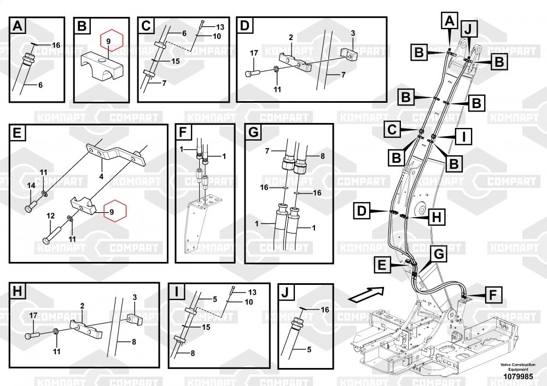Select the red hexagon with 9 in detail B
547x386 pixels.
click(x=109, y=41)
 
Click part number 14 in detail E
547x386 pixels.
click(x=31, y=186)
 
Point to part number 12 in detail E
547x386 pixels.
click(x=50, y=215)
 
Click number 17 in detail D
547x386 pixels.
click(x=254, y=53)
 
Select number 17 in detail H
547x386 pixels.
click(x=33, y=315)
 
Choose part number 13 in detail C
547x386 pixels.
click(x=220, y=27)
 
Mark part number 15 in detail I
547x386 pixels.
click(x=206, y=327)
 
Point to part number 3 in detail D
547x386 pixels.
click(x=353, y=33)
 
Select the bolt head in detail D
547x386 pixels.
click(x=251, y=72)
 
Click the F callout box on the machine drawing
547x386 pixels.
click(x=492, y=296)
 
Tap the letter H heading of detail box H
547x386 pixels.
click(x=18, y=291)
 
